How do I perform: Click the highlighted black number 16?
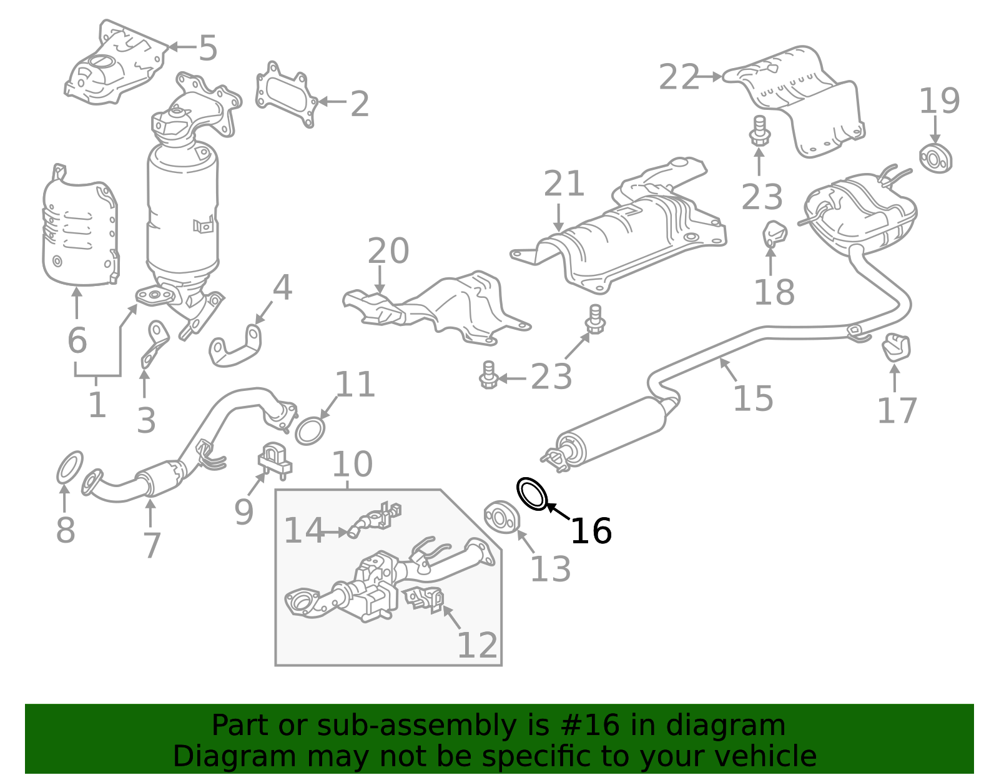tap(591, 531)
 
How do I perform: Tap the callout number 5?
tap(207, 48)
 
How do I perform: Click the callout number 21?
tap(564, 184)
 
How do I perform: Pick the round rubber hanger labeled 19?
tap(935, 159)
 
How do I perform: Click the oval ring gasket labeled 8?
tap(69, 468)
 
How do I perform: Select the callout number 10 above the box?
tap(352, 465)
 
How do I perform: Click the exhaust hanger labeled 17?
tap(896, 348)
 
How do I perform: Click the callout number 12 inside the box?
tap(478, 645)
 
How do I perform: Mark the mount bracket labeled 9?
tap(274, 459)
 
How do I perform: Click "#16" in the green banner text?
tap(591, 726)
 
